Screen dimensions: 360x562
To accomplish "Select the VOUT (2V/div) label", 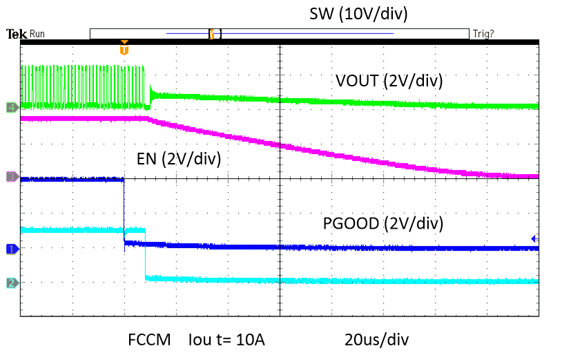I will [389, 81].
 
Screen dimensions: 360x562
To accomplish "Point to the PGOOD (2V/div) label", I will [383, 223].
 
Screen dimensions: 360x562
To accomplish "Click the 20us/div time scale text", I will [377, 340].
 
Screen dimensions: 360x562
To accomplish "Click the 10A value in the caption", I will [249, 340].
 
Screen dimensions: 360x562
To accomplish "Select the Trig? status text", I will [483, 34].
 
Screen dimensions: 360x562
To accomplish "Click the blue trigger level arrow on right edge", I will [534, 238].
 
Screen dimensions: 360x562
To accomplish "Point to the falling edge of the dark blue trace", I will [124, 211].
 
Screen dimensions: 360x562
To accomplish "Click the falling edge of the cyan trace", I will [146, 254].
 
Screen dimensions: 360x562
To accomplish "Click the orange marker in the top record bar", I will [213, 34].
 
